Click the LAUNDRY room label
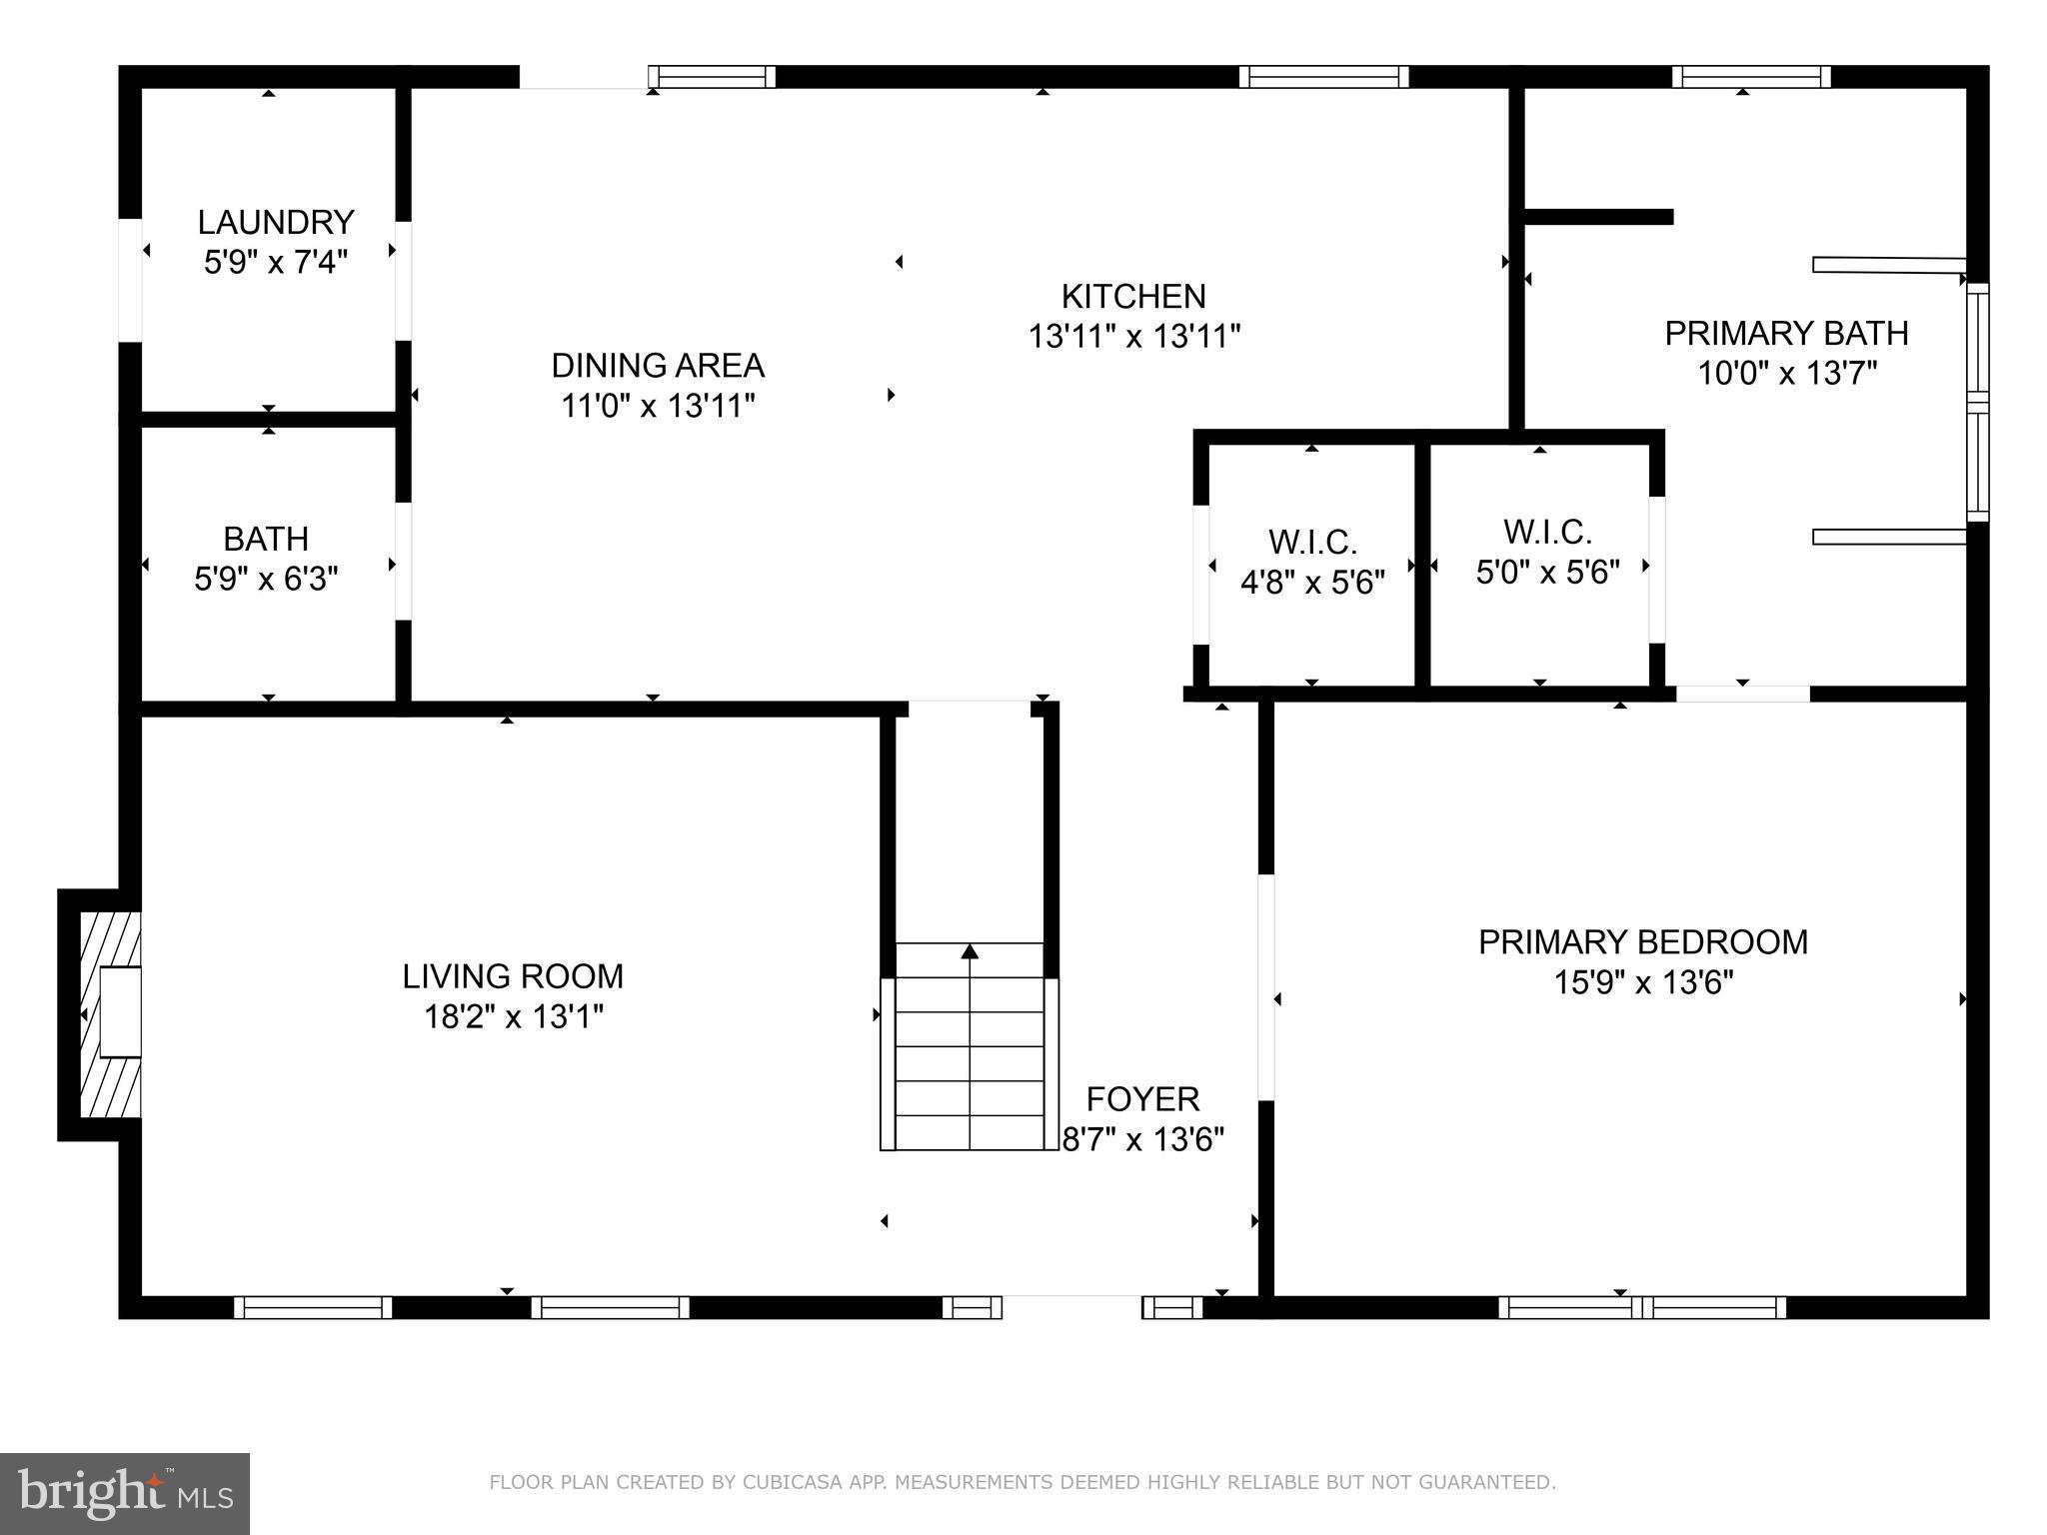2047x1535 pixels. (x=276, y=222)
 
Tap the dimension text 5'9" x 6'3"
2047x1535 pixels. (x=266, y=579)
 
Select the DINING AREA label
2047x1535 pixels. (x=658, y=366)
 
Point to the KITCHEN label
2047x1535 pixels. (x=1133, y=297)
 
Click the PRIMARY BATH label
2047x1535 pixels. (x=1786, y=333)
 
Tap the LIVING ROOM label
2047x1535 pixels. (x=513, y=976)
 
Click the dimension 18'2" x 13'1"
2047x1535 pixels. (x=513, y=1017)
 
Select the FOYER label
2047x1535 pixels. (x=1142, y=1099)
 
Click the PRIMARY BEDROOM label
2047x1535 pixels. (x=1642, y=942)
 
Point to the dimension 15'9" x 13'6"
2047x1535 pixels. (x=1642, y=983)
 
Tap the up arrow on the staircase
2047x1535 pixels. (x=970, y=951)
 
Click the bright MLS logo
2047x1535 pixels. (x=125, y=1494)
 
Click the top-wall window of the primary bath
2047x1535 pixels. (x=1751, y=77)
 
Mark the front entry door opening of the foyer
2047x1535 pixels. (x=1071, y=1306)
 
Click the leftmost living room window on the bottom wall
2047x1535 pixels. (x=313, y=1307)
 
